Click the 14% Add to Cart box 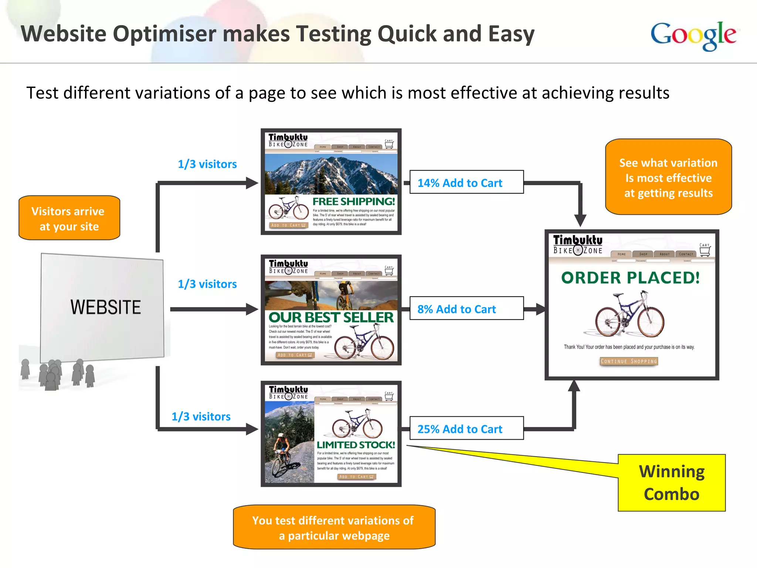(x=466, y=182)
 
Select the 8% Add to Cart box (x=466, y=308)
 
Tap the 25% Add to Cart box (x=466, y=429)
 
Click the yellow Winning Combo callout (x=671, y=483)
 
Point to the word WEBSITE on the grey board (x=106, y=307)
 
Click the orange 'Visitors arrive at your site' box (x=69, y=218)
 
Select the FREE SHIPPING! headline (x=353, y=202)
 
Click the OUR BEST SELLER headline (x=331, y=317)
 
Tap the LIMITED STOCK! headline (x=356, y=445)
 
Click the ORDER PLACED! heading (x=630, y=278)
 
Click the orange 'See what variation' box (x=668, y=177)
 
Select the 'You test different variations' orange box (x=334, y=527)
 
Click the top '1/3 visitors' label (x=207, y=164)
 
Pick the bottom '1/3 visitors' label (x=201, y=416)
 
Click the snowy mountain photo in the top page (x=331, y=174)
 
